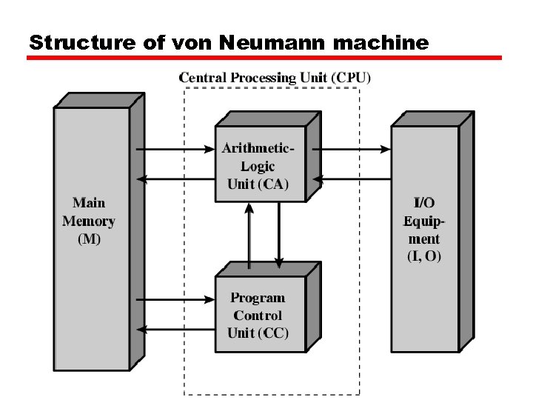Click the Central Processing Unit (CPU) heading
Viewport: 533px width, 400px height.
point(275,77)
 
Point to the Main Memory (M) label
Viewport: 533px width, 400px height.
point(89,221)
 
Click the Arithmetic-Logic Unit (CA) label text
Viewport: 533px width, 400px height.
point(258,167)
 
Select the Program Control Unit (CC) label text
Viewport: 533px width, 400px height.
point(258,316)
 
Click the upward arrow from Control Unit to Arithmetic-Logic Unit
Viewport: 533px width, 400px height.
point(249,236)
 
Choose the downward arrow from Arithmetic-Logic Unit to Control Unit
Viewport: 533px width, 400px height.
point(279,236)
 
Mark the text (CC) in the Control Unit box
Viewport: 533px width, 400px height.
point(273,333)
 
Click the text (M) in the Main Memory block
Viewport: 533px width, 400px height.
point(89,239)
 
